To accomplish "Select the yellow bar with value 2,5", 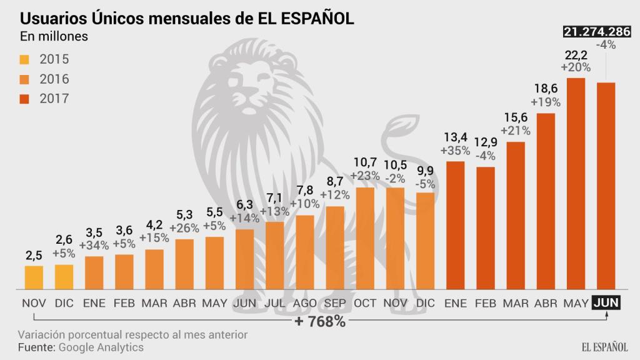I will [x=34, y=277].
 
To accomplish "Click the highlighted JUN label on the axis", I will [x=606, y=303].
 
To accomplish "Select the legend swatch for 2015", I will [x=25, y=60].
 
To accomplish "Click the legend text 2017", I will [x=54, y=99].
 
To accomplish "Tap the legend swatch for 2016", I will [x=25, y=79].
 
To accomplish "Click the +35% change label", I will [x=455, y=151].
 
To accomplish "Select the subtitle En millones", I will [x=54, y=36].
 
